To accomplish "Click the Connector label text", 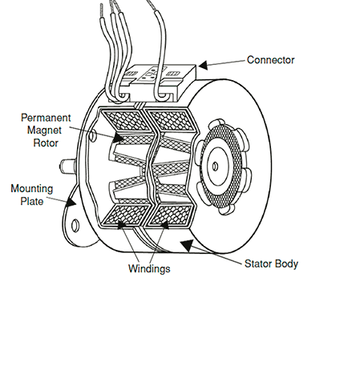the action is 270,60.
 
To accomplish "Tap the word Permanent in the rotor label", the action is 46,118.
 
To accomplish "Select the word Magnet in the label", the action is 44,131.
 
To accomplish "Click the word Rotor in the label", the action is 46,143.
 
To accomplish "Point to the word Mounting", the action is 32,189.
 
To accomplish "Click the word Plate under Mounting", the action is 32,201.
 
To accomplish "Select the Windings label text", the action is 149,268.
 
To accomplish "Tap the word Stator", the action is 257,263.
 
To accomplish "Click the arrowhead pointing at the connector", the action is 203,65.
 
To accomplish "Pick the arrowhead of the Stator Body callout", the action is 187,245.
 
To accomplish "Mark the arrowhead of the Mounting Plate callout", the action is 71,202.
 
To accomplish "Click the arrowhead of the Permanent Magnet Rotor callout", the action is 119,138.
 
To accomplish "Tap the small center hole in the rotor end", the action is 215,167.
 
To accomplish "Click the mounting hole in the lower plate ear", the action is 75,225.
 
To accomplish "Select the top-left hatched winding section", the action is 126,121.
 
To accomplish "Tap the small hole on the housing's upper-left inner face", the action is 92,135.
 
